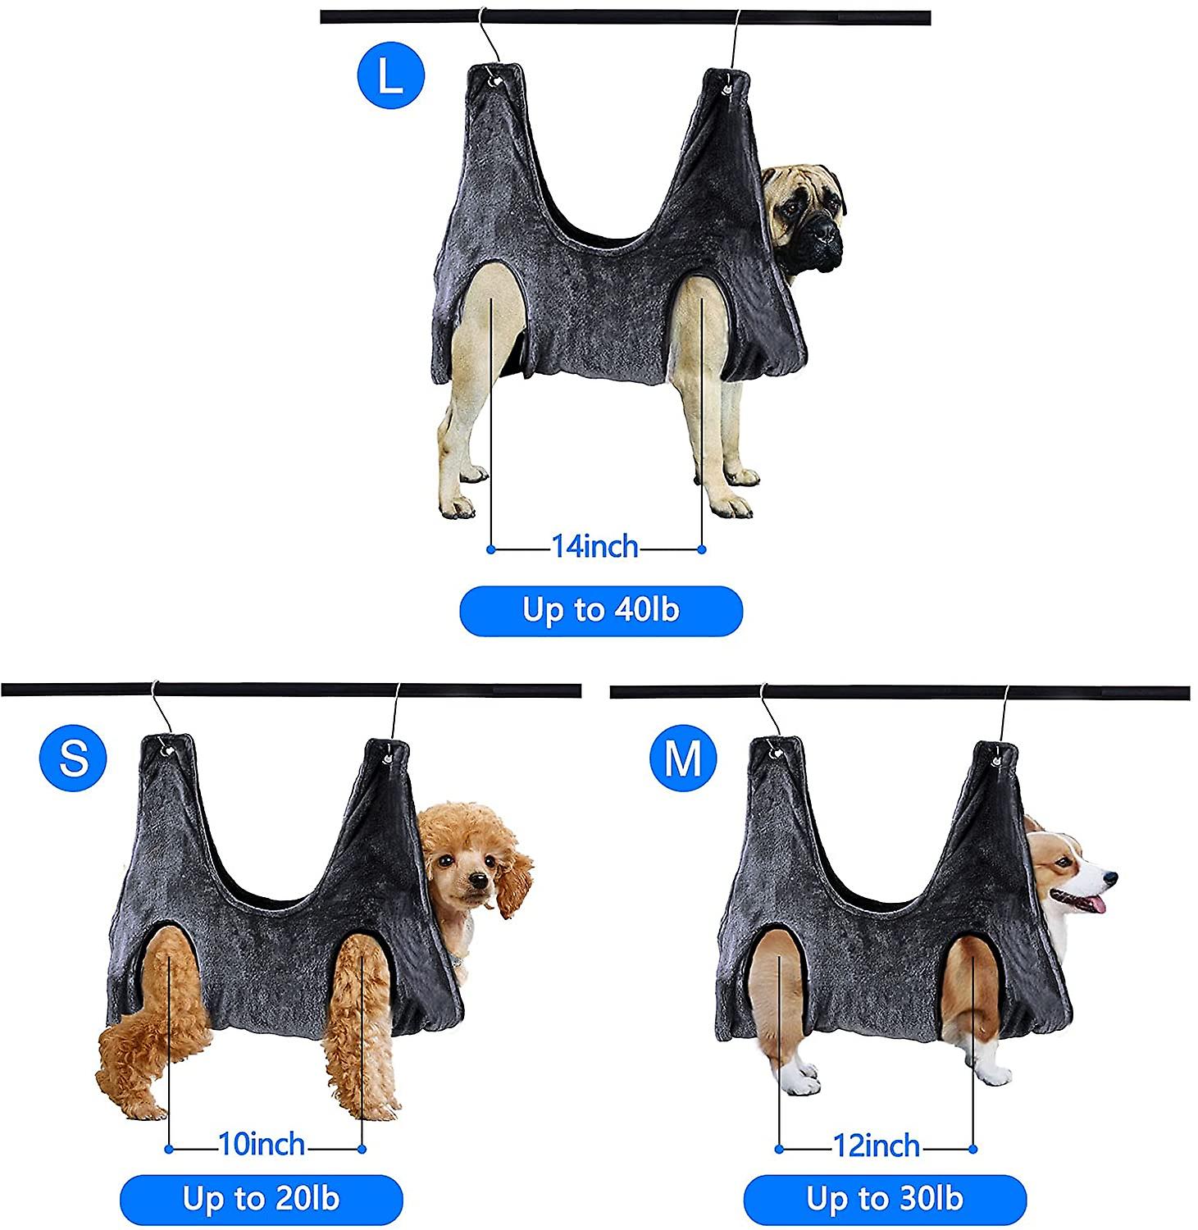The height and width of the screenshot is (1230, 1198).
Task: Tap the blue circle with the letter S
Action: point(73,758)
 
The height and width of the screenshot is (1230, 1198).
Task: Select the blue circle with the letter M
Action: point(683,758)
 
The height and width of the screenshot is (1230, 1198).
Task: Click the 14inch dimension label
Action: point(594,546)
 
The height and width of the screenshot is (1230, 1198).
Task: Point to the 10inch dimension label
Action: point(262,1144)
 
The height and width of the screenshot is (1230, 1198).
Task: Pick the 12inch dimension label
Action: point(877,1146)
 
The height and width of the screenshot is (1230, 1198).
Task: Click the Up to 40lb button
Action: point(601,611)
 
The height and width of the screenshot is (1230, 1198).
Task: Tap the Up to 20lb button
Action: point(262,1200)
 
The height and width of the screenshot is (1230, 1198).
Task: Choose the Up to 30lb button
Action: point(885,1200)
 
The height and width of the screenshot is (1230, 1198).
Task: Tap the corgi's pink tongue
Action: point(1091,904)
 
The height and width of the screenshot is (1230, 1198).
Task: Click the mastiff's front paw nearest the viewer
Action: point(730,503)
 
